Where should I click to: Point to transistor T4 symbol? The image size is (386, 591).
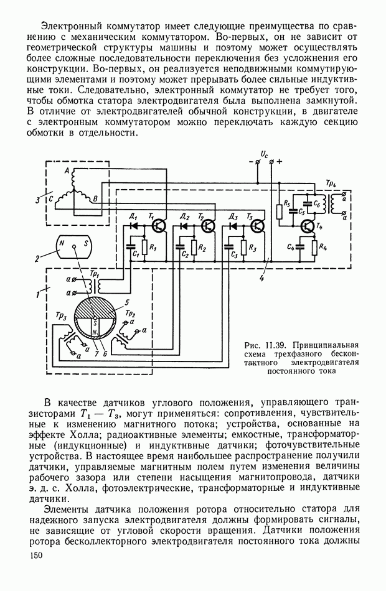pyautogui.click(x=306, y=226)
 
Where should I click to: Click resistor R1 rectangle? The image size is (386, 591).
pyautogui.click(x=144, y=248)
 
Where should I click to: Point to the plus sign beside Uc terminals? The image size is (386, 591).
pyautogui.click(x=280, y=161)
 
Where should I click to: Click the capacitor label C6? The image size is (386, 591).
pyautogui.click(x=318, y=202)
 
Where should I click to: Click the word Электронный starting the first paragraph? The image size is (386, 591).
pyautogui.click(x=69, y=26)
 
